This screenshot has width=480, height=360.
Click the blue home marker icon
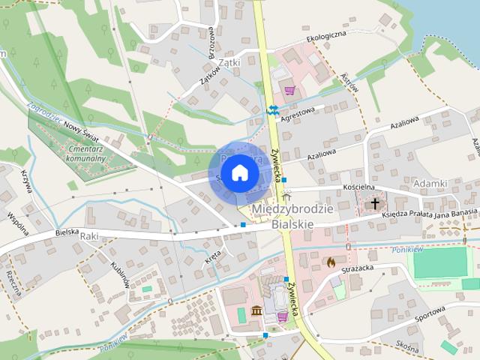(239, 173)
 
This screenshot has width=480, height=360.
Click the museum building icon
(256, 311)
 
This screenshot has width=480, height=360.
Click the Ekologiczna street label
(325, 35)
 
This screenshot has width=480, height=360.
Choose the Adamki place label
(430, 183)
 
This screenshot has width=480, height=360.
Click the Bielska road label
(68, 233)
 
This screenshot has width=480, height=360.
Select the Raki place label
(89, 235)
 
